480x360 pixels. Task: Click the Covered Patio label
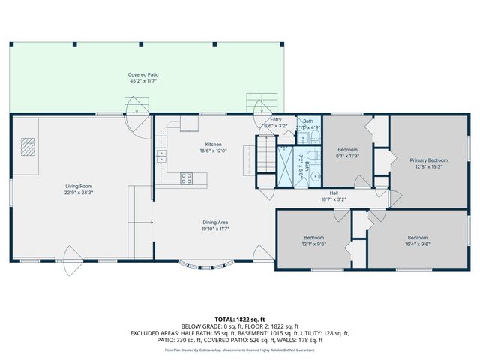pyautogui.click(x=143, y=74)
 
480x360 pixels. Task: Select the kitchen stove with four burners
pyautogui.click(x=187, y=178)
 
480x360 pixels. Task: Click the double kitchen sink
pyautogui.click(x=161, y=156)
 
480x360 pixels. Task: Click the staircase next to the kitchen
pyautogui.click(x=265, y=157)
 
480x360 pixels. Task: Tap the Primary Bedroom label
pyautogui.click(x=428, y=160)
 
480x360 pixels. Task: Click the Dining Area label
pyautogui.click(x=214, y=222)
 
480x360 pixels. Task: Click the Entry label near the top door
pyautogui.click(x=275, y=120)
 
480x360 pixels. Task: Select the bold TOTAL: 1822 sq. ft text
pyautogui.click(x=240, y=319)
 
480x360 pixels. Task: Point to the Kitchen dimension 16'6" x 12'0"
pyautogui.click(x=214, y=151)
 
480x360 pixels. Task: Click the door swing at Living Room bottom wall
pyautogui.click(x=73, y=268)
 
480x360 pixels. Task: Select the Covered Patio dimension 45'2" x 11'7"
pyautogui.click(x=143, y=81)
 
